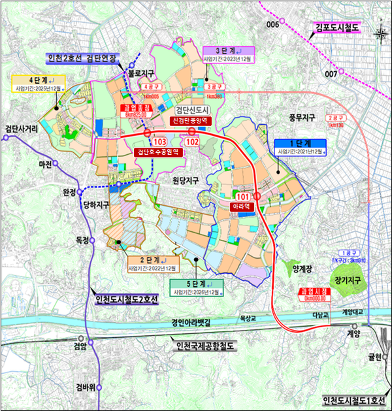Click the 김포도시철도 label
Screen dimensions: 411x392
point(339,27)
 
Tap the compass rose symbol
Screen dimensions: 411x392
point(381,33)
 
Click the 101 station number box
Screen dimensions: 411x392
point(243,195)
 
